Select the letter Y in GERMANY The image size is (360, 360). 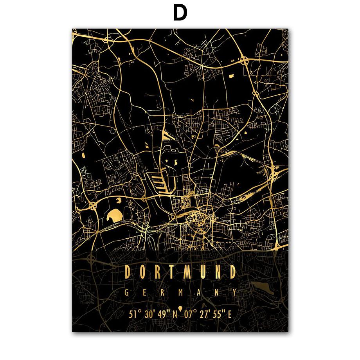click(x=234, y=292)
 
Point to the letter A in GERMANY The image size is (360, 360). click(x=198, y=292)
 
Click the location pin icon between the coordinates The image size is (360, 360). click(x=180, y=312)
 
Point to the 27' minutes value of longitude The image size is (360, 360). click(x=205, y=313)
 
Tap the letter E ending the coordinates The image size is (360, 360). click(x=230, y=313)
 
